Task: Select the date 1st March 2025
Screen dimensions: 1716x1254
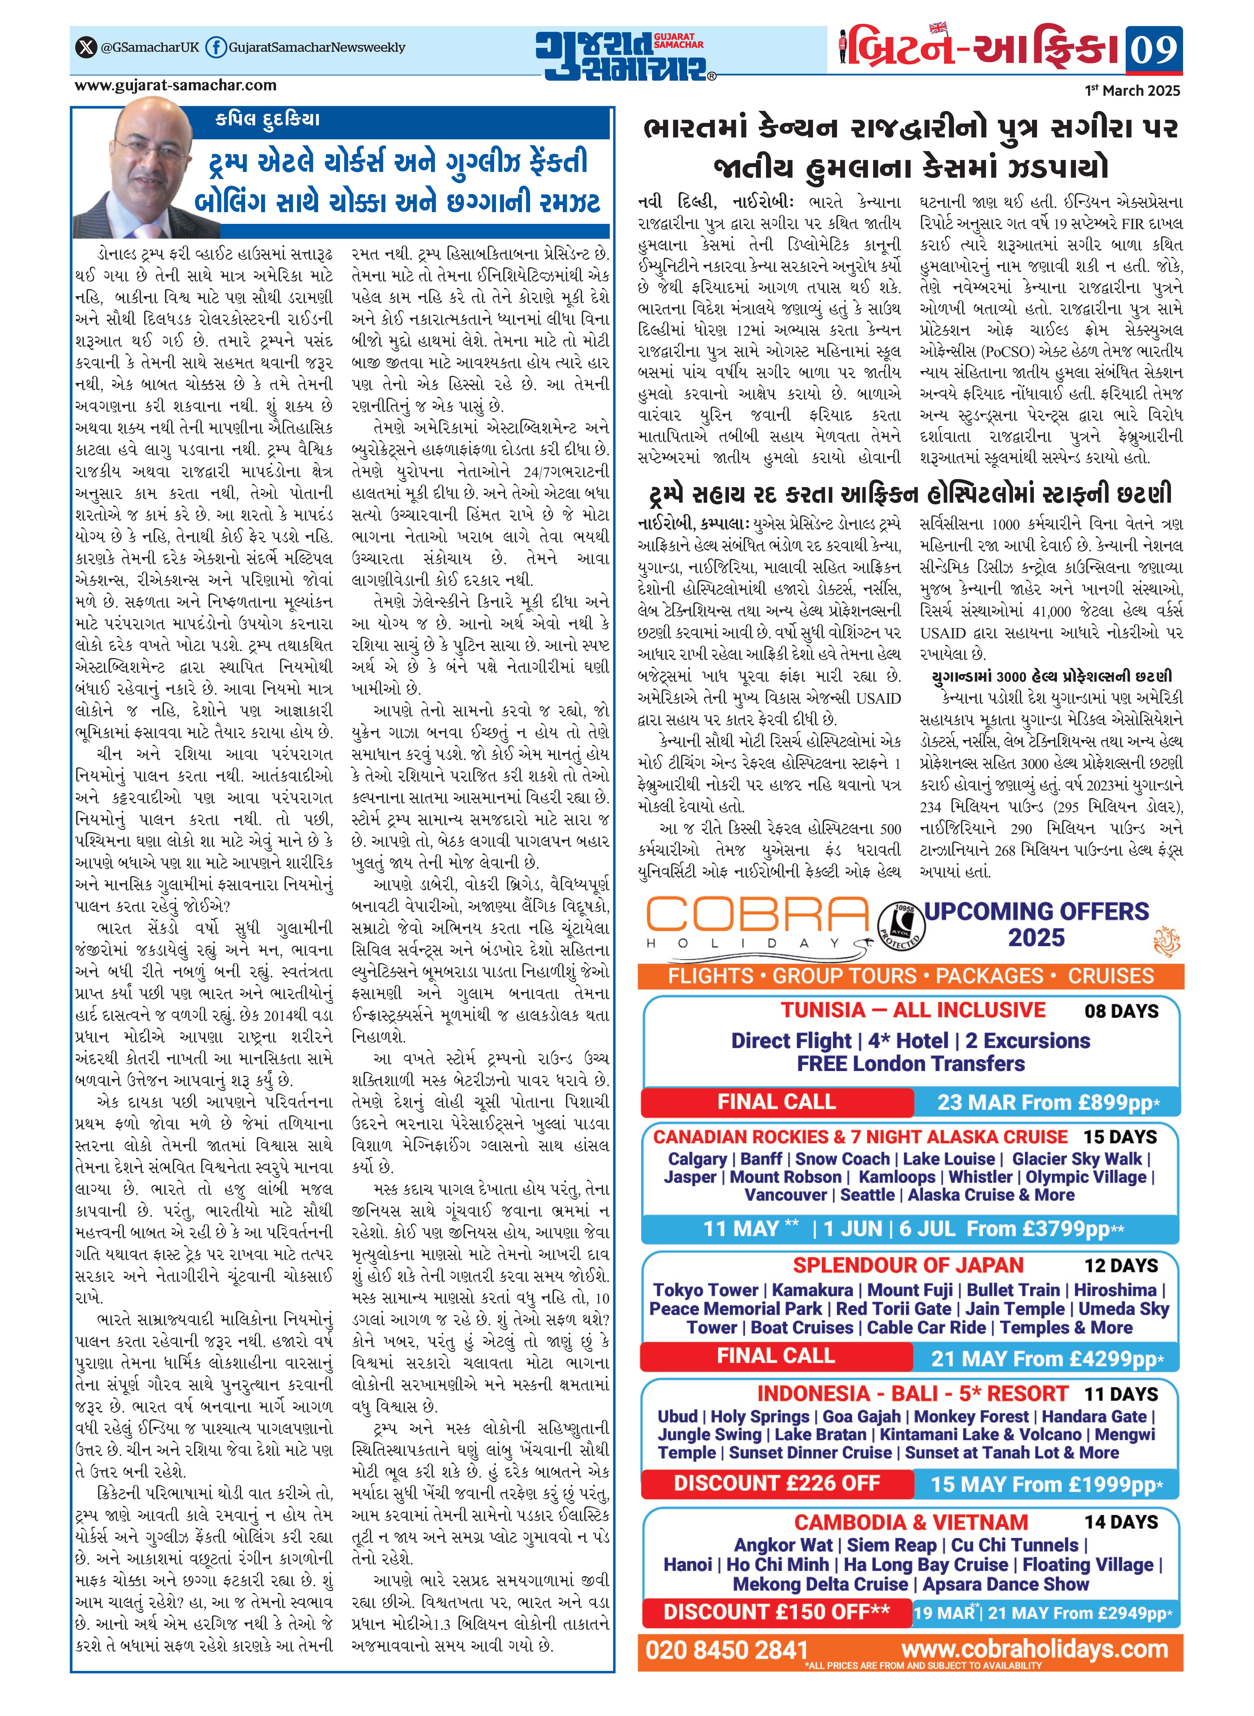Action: click(1133, 90)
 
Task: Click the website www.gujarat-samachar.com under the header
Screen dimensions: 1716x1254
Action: click(175, 87)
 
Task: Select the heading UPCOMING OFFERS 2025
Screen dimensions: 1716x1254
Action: click(1036, 924)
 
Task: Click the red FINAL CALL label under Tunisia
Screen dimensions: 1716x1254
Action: click(776, 1102)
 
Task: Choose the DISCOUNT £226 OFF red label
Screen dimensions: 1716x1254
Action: click(776, 1484)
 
